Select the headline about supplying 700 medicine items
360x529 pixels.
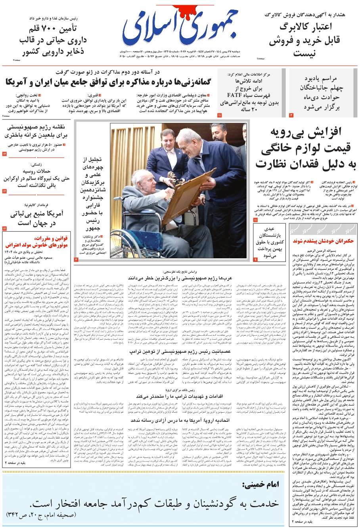(53, 40)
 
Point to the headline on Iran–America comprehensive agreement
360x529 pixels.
(108, 83)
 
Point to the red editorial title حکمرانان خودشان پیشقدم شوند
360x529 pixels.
(323, 241)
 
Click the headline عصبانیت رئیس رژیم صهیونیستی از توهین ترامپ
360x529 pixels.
(176, 350)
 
